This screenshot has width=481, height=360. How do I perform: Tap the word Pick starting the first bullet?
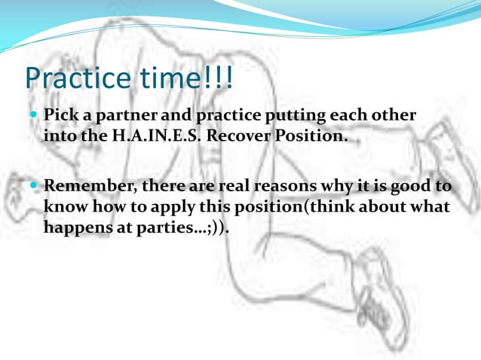pos(60,117)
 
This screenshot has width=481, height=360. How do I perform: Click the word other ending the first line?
pos(396,117)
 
